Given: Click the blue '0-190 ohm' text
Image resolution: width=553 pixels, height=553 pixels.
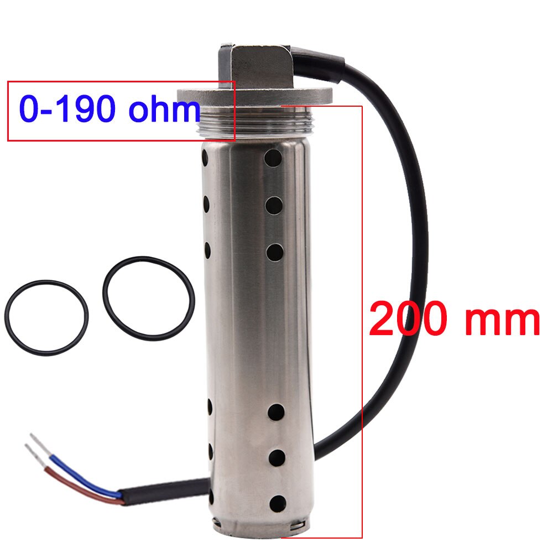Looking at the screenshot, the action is [x=109, y=108].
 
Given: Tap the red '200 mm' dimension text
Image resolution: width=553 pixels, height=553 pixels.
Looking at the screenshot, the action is [x=454, y=319].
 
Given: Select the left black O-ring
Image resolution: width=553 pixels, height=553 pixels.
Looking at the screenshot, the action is [x=46, y=318].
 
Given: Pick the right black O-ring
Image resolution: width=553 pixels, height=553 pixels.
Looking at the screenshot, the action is [x=148, y=299].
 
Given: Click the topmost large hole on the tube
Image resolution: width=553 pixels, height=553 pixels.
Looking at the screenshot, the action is [x=273, y=158].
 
